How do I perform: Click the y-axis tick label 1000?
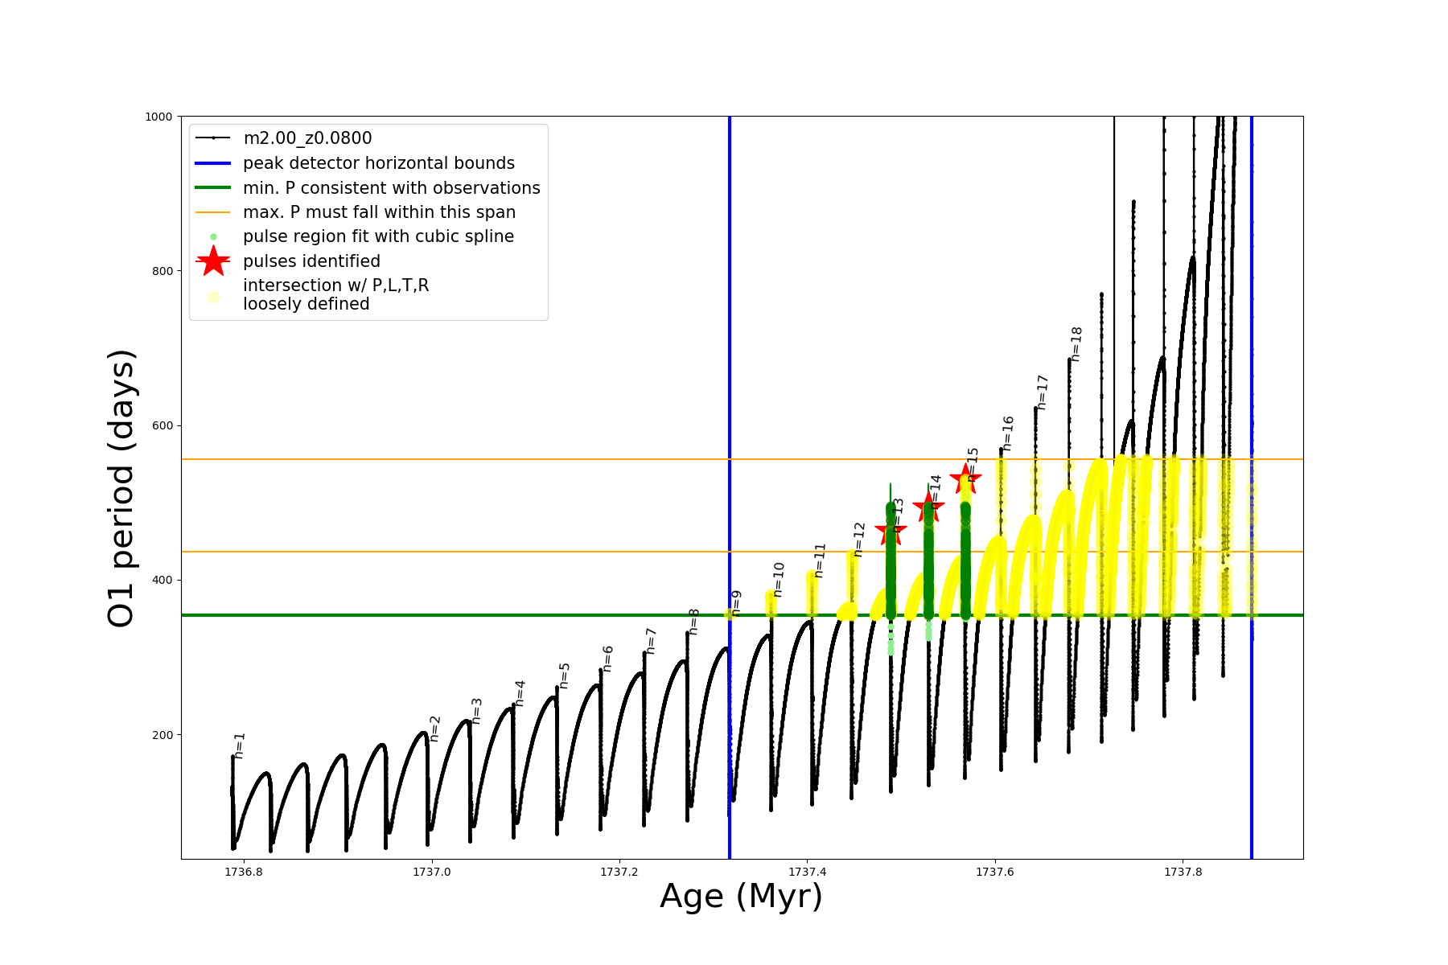[x=158, y=117]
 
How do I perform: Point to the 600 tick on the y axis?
[x=163, y=425]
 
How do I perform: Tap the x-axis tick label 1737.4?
[x=808, y=872]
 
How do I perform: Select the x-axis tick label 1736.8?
[x=245, y=872]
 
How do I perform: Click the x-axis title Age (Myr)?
[x=741, y=897]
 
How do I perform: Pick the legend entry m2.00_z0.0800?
[x=307, y=138]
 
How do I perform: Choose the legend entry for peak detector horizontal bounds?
[x=378, y=163]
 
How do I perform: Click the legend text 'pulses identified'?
[x=311, y=261]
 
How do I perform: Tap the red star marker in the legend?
[x=213, y=261]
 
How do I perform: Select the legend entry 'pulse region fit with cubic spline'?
[x=378, y=236]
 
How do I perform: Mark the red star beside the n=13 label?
[x=890, y=530]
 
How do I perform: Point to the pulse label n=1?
[x=240, y=745]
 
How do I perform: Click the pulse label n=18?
[x=1076, y=344]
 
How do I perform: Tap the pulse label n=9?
[x=736, y=603]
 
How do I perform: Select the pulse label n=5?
[x=565, y=675]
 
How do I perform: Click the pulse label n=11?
[x=820, y=561]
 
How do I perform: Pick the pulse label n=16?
[x=1008, y=433]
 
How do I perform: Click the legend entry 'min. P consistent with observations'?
[x=391, y=188]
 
